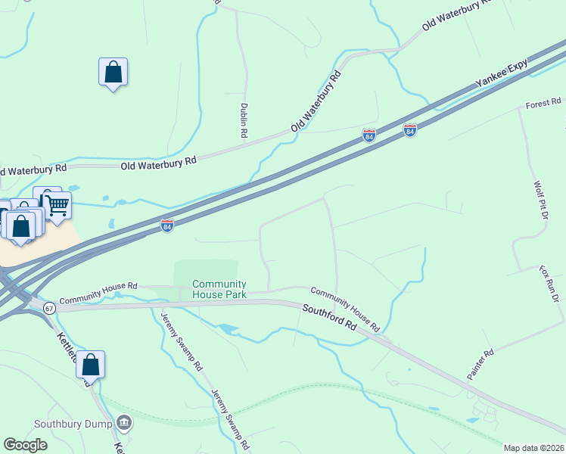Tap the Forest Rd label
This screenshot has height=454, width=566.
click(544, 101)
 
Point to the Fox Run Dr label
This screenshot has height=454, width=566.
click(549, 284)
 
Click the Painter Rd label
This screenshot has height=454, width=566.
click(480, 364)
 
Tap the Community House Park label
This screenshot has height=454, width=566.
click(219, 288)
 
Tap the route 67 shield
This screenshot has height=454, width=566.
click(49, 309)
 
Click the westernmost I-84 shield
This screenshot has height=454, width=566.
click(167, 225)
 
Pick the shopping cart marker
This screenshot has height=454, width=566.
click(58, 205)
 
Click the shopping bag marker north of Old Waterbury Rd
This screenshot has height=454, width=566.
click(113, 73)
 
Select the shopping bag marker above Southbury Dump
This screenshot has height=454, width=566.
click(90, 365)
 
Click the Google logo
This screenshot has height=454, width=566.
click(26, 445)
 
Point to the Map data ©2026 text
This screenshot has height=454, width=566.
click(534, 448)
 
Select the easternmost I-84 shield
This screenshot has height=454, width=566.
click(409, 130)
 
